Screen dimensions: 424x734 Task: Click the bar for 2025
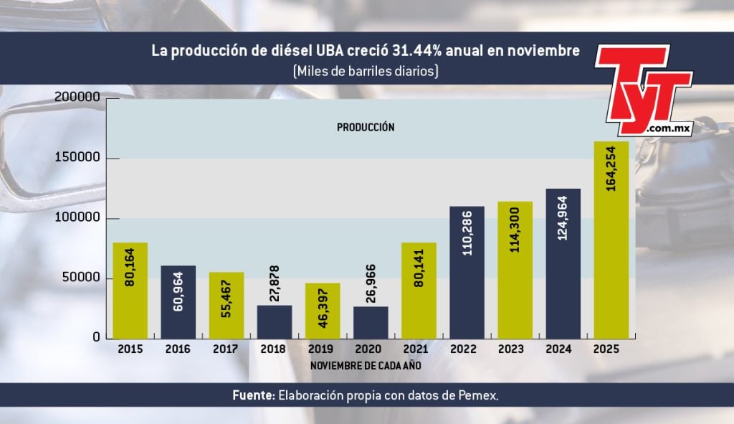point(611,240)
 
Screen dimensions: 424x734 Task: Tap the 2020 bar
point(371,322)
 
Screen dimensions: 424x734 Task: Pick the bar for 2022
point(467,273)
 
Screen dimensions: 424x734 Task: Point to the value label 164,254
point(612,179)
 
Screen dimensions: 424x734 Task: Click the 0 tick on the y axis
point(96,338)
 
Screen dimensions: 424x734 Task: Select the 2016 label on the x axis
point(178,349)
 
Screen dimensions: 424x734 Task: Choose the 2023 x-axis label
point(515,349)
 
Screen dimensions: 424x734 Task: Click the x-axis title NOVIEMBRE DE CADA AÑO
point(366,365)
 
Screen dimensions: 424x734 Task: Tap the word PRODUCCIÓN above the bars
point(366,127)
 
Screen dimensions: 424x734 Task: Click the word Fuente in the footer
point(252,395)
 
